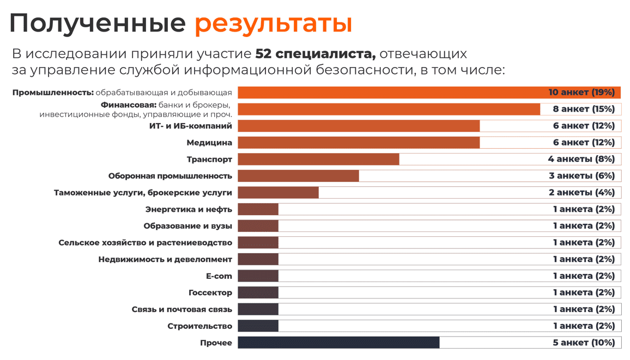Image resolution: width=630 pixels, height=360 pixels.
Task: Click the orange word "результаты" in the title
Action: (273, 24)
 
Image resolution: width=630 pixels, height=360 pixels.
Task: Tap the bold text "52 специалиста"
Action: (316, 54)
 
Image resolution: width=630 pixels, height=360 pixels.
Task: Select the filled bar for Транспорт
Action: (318, 159)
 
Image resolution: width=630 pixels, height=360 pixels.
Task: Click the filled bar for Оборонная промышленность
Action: (298, 176)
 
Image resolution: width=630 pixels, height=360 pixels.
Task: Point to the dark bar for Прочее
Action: (338, 343)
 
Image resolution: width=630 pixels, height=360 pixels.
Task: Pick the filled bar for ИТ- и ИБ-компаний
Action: (359, 126)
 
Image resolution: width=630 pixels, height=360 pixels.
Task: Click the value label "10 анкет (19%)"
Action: (581, 93)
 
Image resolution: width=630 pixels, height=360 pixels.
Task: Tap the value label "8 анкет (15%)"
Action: (584, 109)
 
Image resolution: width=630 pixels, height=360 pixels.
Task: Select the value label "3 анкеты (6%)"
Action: (581, 176)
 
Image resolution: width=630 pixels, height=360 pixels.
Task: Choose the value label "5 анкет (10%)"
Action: (584, 343)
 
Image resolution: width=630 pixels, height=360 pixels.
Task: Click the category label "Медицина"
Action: (209, 143)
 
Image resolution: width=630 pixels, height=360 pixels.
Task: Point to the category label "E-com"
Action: (219, 276)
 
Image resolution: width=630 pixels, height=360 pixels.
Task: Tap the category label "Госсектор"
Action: (210, 293)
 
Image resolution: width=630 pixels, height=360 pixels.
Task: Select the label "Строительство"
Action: (200, 326)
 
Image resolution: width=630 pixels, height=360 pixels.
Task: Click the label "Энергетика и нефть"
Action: (189, 209)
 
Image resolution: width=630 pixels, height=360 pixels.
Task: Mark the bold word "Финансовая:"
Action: (129, 105)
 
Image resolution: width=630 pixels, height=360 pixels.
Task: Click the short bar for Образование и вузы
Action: (258, 226)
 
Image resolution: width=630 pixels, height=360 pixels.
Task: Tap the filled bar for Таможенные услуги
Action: (278, 193)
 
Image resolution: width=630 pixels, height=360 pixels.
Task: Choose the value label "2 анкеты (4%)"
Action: (581, 193)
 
